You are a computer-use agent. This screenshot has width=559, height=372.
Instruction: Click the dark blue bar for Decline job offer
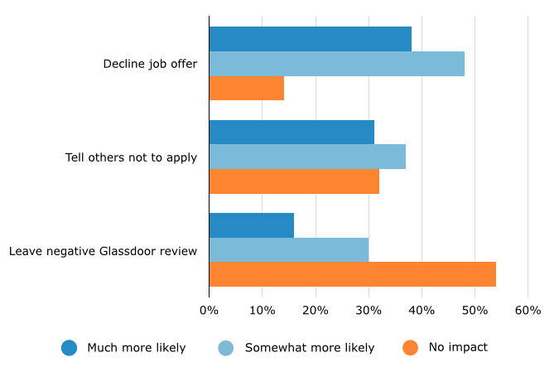point(310,39)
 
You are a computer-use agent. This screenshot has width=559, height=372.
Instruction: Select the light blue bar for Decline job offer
point(336,64)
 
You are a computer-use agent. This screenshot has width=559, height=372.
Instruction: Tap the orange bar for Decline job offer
point(246,88)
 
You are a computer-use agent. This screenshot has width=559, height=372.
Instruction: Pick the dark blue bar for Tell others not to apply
point(292,132)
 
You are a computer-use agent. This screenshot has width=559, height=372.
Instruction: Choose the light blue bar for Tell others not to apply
point(307,157)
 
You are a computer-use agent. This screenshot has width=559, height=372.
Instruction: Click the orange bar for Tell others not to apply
point(294,181)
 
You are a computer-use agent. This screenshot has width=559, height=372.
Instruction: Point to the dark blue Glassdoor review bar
point(251,225)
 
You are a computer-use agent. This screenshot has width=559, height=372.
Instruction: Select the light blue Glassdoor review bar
point(288,249)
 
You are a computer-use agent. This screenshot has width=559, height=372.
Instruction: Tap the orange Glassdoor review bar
point(352,274)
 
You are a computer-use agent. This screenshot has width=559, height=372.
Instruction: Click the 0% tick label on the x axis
point(209,311)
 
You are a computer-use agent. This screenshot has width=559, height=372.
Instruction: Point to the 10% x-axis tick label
point(262,311)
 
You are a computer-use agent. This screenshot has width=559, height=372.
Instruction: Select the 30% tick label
point(369,311)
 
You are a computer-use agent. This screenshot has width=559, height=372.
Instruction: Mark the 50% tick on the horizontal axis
point(475,311)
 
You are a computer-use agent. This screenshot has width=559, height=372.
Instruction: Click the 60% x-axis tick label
point(528,311)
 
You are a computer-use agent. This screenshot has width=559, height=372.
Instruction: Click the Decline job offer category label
point(150,64)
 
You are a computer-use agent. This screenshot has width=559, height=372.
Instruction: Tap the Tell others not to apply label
point(131,157)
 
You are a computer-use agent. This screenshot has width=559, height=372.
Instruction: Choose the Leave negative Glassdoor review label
point(103,250)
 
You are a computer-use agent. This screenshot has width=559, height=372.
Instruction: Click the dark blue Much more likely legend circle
point(69,348)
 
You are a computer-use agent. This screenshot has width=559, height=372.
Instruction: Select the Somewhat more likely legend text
point(309,348)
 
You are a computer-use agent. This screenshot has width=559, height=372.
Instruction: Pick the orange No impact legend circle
point(410,348)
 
